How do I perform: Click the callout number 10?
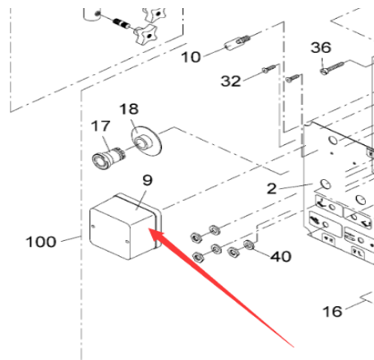191,56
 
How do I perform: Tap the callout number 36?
321,47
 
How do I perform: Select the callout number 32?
231,81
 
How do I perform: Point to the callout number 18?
129,109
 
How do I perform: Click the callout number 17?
100,126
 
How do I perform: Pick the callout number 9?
148,180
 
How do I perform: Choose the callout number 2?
271,189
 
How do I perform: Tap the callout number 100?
41,242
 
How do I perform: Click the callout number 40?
281,256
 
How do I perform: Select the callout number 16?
332,312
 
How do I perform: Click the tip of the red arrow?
149,228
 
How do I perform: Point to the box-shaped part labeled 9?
125,227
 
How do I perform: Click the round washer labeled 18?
147,140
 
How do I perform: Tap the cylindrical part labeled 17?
108,158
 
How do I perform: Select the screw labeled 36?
333,67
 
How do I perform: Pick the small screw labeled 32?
270,68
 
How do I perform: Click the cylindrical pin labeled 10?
237,43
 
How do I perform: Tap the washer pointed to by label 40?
249,244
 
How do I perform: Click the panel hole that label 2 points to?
325,184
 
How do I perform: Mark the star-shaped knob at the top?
146,34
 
